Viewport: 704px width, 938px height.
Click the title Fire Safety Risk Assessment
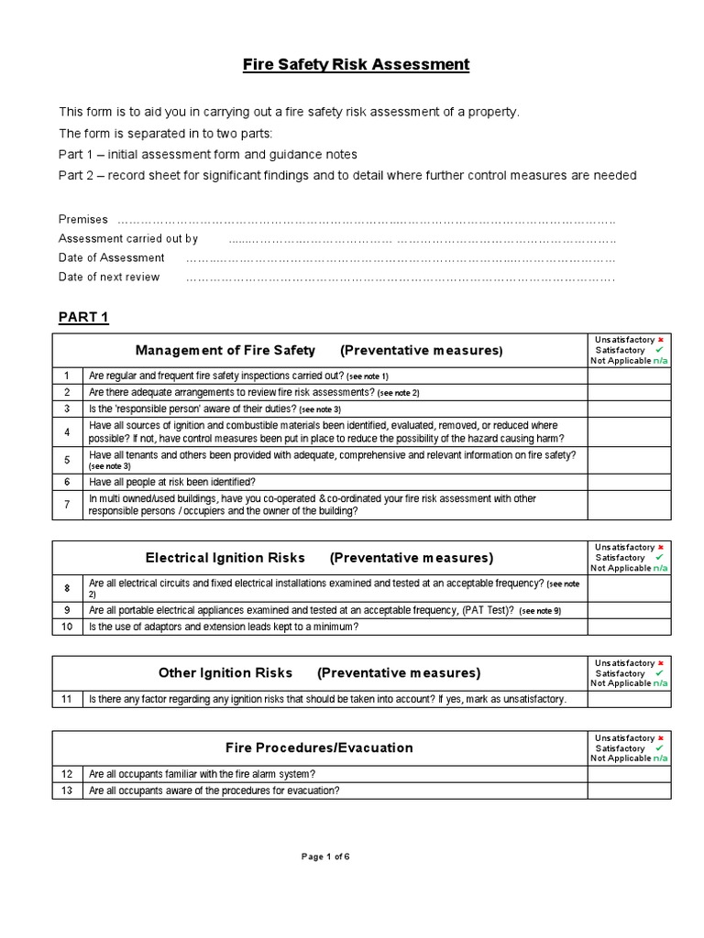(x=356, y=65)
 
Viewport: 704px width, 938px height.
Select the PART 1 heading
(x=83, y=318)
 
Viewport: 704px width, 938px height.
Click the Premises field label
(x=83, y=220)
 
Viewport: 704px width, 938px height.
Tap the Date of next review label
(x=109, y=277)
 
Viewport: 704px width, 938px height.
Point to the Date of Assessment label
(x=112, y=257)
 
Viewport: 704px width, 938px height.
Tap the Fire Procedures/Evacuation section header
(x=319, y=747)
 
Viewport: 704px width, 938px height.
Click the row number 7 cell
(x=67, y=505)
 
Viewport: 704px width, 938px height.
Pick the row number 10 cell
(x=67, y=627)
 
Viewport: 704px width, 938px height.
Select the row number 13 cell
(x=67, y=791)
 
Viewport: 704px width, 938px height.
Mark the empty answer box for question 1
(x=629, y=376)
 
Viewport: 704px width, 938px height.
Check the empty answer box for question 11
(x=629, y=699)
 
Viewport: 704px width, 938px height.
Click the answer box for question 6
(x=629, y=482)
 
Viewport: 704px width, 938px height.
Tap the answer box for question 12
(x=629, y=774)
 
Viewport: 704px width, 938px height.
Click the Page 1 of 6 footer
(x=326, y=856)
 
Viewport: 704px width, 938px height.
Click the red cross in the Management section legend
(x=660, y=340)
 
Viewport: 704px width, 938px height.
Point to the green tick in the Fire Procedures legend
(x=660, y=748)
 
